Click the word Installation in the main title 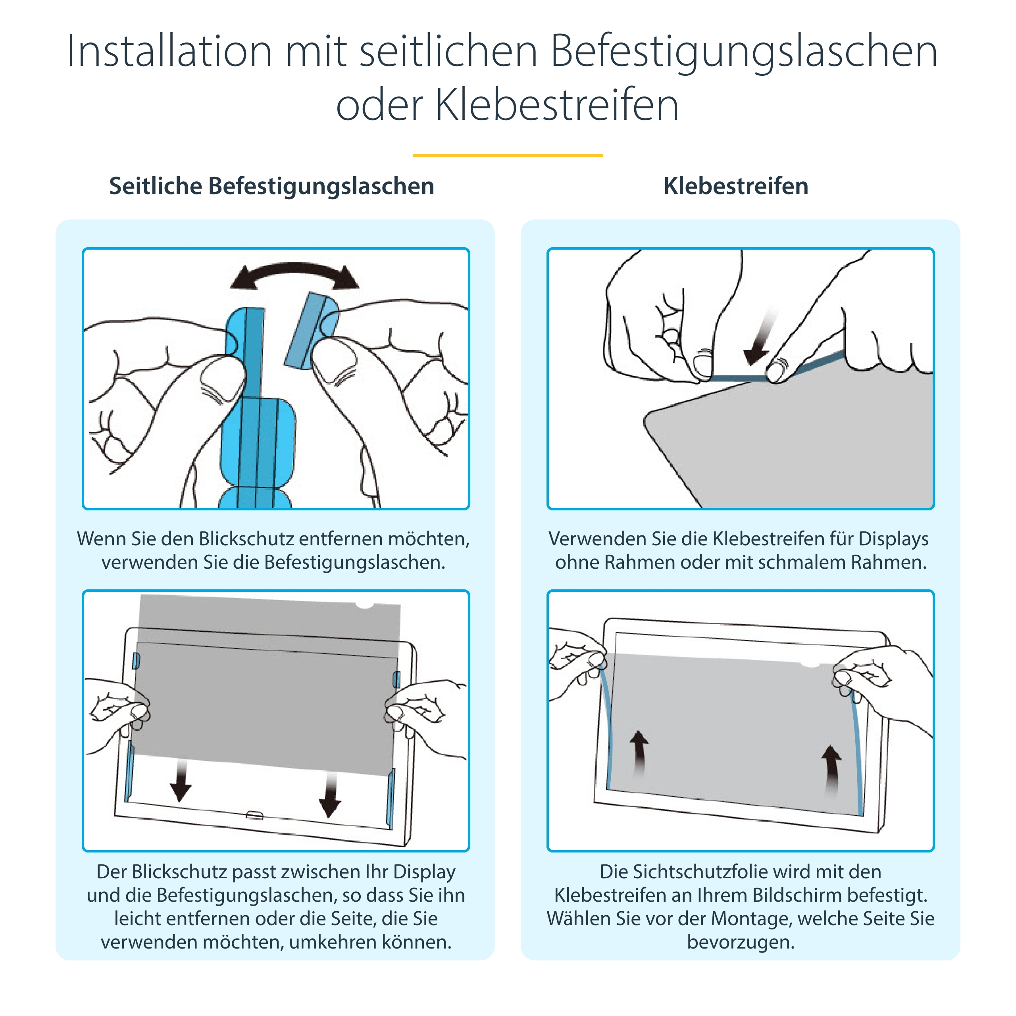tap(169, 51)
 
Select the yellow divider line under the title tap(508, 155)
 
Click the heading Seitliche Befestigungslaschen tap(271, 186)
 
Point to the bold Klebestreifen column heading tap(736, 186)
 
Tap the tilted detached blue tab tap(311, 330)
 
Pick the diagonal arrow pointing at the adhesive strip tap(760, 337)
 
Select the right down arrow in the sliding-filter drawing tap(330, 795)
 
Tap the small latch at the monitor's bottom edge tap(254, 816)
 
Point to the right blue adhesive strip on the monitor tap(857, 752)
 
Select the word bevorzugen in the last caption tap(741, 942)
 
